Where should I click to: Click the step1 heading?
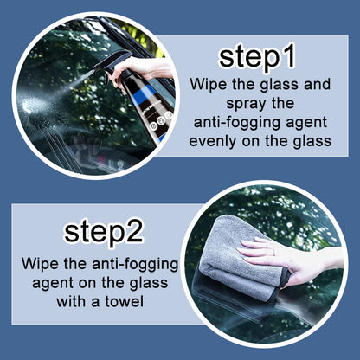pyautogui.click(x=258, y=57)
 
